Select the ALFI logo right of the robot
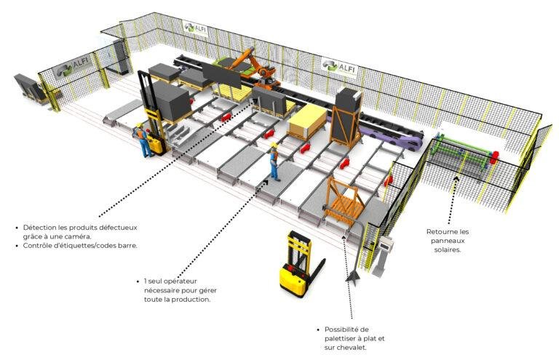339,67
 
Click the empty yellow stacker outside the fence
298,263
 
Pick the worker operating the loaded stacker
142,140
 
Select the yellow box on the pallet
307,121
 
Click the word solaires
448,249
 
